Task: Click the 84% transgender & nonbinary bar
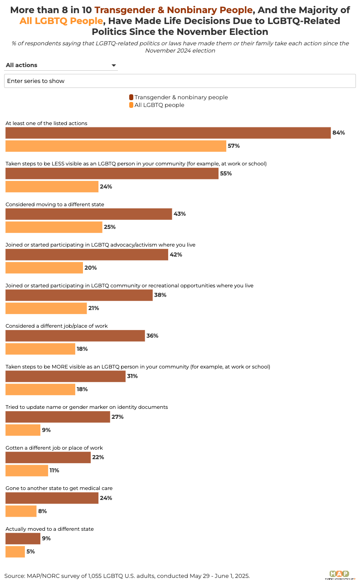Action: point(168,133)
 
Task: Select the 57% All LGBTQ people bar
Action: point(116,146)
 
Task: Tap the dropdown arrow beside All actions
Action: point(114,66)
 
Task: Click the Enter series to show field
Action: point(180,81)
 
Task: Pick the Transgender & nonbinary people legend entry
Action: point(179,97)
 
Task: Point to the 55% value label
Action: point(226,174)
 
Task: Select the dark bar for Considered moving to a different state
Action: point(88,214)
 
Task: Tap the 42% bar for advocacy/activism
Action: point(87,255)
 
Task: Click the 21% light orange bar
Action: point(46,308)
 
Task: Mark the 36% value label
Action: point(152,336)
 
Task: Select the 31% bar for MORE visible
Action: point(65,376)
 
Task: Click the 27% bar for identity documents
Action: point(58,417)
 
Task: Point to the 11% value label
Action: point(54,471)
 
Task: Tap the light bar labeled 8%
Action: point(21,511)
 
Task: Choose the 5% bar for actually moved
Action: point(15,552)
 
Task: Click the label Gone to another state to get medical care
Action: point(59,488)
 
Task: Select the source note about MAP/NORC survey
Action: point(127,576)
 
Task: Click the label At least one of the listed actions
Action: point(46,123)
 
